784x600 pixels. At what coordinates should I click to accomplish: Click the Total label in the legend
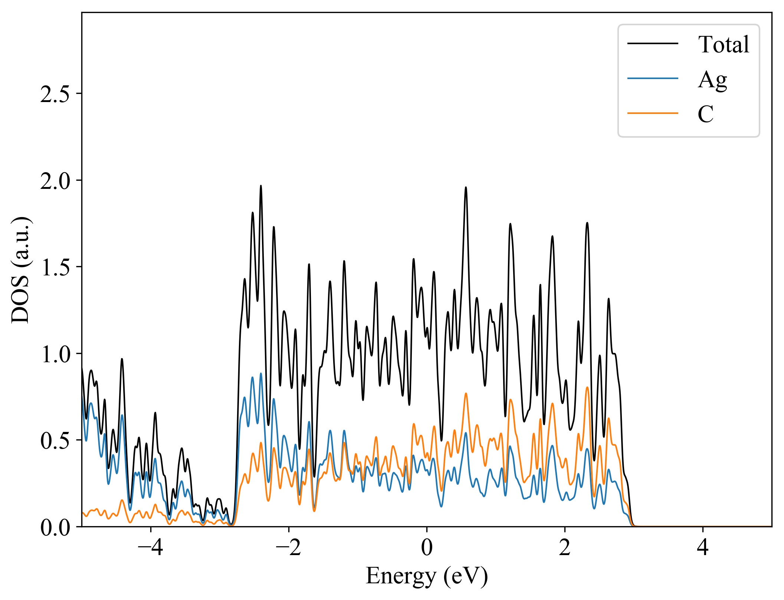click(x=723, y=45)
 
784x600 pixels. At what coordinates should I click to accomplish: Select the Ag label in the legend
click(x=712, y=79)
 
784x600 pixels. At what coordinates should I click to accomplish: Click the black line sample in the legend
click(x=653, y=44)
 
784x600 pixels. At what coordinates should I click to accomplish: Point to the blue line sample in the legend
click(x=653, y=78)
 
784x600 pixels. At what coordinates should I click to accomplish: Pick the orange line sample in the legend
click(x=653, y=113)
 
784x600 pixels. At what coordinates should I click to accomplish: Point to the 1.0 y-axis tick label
click(x=55, y=355)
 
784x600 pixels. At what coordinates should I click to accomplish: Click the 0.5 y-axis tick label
click(x=55, y=441)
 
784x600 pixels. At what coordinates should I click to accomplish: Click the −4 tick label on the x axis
click(x=150, y=547)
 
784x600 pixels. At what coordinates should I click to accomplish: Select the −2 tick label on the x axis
click(x=288, y=547)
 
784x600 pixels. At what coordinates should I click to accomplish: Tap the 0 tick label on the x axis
click(x=427, y=547)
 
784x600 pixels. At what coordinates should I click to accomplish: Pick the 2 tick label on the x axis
click(x=565, y=547)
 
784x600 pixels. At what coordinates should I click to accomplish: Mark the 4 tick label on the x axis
click(x=703, y=547)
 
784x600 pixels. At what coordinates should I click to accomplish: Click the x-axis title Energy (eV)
click(x=427, y=576)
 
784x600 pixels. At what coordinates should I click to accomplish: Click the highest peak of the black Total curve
click(x=261, y=186)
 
